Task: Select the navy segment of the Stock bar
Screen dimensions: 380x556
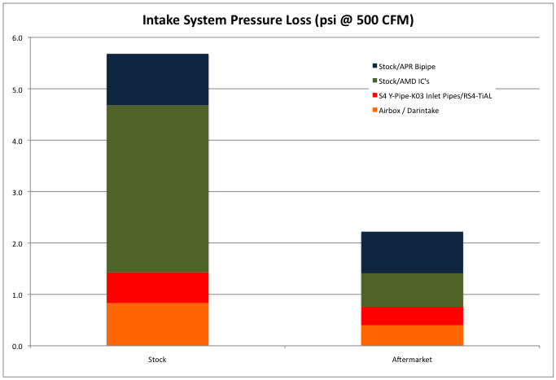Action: point(157,80)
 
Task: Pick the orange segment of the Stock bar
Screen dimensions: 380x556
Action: point(157,325)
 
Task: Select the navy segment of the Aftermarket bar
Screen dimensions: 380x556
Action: point(412,252)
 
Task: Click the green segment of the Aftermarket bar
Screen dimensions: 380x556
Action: point(412,290)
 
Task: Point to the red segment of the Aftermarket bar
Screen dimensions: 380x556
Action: point(412,316)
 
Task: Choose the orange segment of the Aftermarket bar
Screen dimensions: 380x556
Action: point(412,335)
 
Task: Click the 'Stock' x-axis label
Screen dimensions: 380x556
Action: point(157,358)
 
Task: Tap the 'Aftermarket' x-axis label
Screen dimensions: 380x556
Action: point(412,358)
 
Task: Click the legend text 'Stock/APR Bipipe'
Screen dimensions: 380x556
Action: point(407,66)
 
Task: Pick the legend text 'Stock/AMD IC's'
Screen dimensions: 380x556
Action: point(404,81)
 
